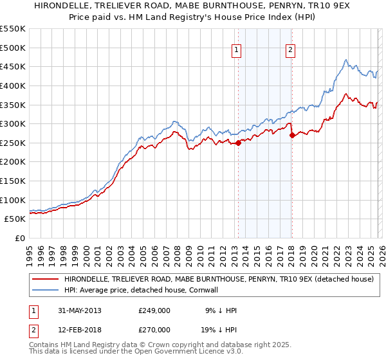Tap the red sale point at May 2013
pyautogui.click(x=238, y=143)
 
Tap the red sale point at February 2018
pyautogui.click(x=292, y=135)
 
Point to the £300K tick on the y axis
pyautogui.click(x=13, y=123)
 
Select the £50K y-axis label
pyautogui.click(x=15, y=219)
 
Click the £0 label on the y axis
pyautogui.click(x=20, y=239)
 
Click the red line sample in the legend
pyautogui.click(x=46, y=280)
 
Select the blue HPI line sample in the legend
pyautogui.click(x=46, y=291)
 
